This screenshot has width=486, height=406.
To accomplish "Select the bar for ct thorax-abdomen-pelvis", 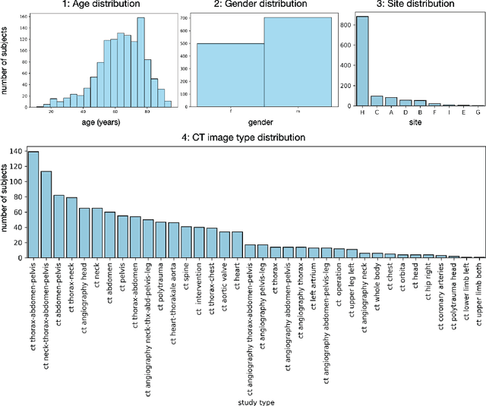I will click(33, 205).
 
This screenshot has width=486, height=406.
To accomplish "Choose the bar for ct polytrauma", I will click(160, 240).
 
